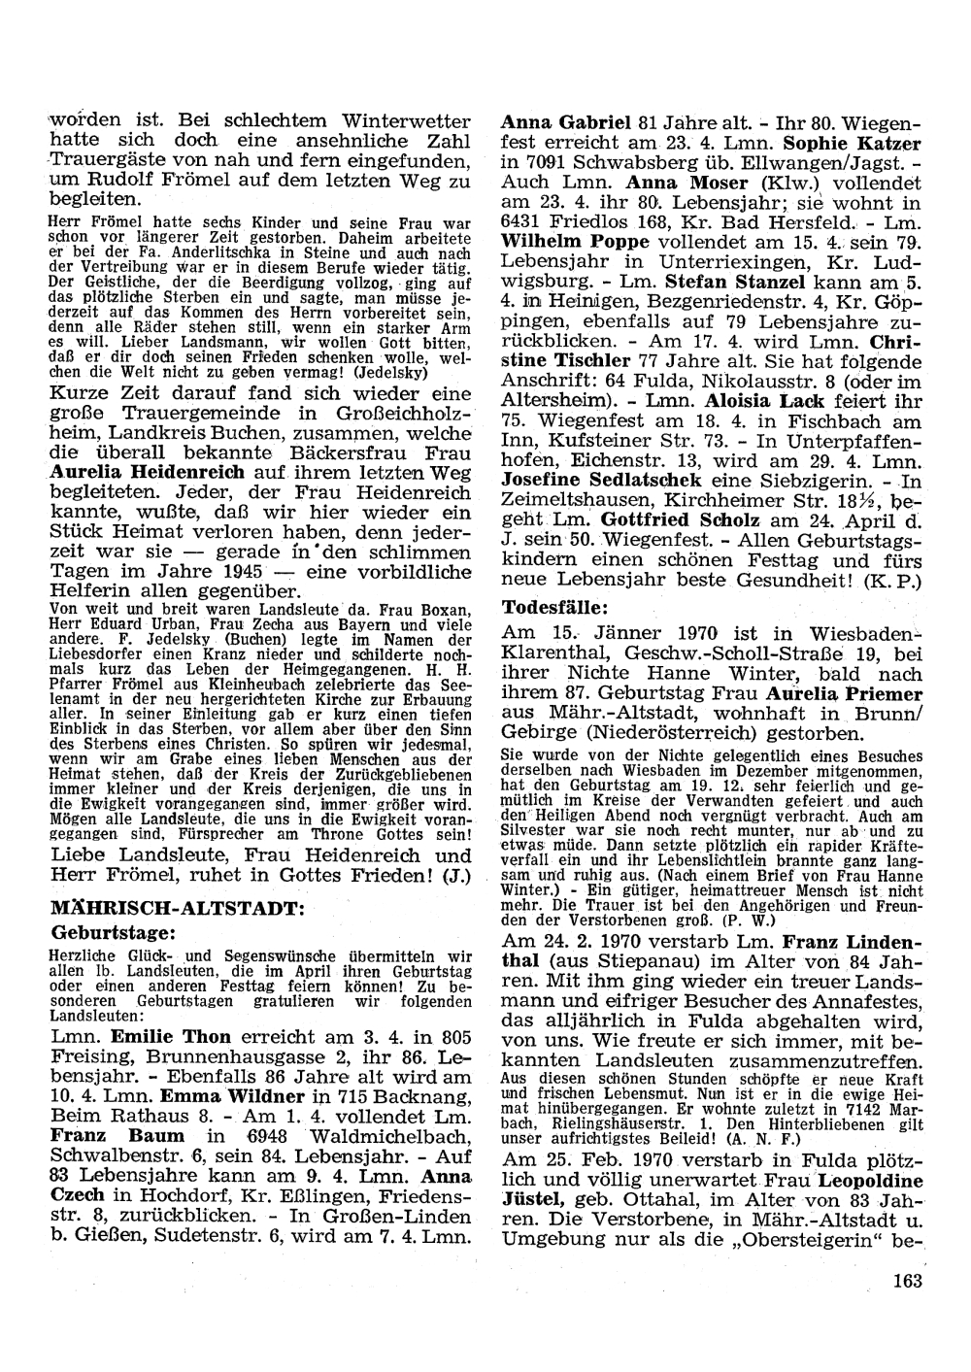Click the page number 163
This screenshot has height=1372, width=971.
click(x=907, y=1281)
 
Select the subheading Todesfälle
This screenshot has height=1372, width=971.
click(x=554, y=609)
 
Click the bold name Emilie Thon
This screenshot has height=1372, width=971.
click(x=171, y=1036)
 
